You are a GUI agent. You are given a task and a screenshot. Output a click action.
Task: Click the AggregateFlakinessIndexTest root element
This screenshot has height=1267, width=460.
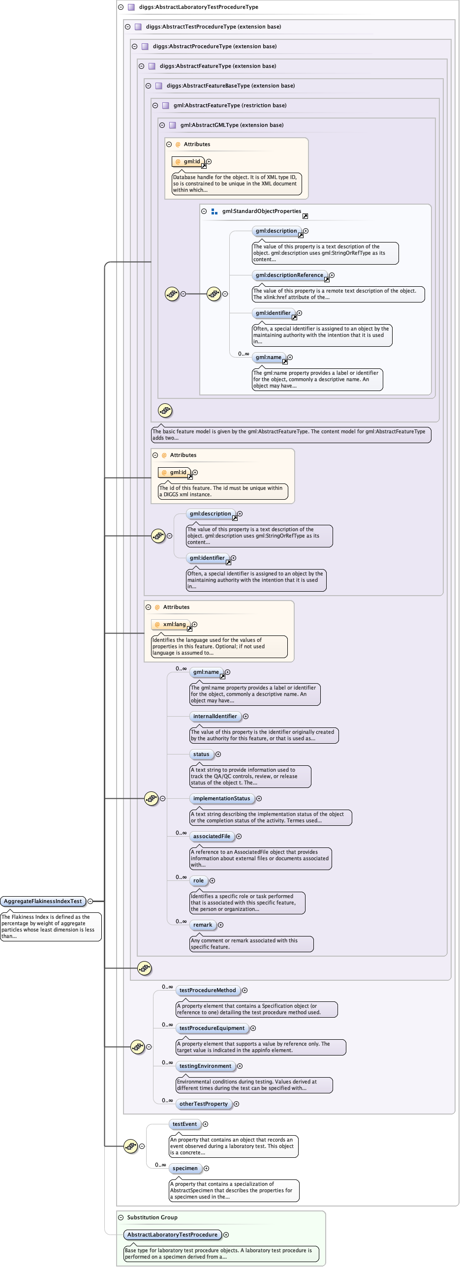coord(43,901)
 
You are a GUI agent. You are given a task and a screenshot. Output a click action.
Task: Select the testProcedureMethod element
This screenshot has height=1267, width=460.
coord(208,990)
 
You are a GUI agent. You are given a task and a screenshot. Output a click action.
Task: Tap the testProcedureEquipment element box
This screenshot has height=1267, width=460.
coord(212,1028)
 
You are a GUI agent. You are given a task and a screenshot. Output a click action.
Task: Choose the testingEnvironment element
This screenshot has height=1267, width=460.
coord(205,1066)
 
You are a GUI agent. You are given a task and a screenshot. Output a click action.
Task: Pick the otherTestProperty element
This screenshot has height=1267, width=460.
coord(203,1104)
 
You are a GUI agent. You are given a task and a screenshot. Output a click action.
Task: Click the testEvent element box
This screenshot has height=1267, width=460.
coord(184,1124)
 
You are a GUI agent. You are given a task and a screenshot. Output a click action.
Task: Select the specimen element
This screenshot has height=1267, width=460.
coord(185,1168)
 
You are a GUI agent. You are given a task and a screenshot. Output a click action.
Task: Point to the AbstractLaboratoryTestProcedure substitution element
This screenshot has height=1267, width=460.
coord(172,1235)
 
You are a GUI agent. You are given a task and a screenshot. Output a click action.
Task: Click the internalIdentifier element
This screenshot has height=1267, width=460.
coord(215,716)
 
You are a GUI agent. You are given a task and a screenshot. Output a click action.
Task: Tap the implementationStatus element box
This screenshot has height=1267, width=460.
coord(221,798)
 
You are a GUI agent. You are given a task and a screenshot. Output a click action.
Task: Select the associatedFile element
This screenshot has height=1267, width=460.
coord(212,836)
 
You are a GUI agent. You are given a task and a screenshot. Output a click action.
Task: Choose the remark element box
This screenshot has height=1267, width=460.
coord(203,925)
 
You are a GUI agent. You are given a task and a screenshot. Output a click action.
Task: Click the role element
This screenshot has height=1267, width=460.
coord(198,880)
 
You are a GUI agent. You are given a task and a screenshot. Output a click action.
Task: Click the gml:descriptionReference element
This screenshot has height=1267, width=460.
coord(289,275)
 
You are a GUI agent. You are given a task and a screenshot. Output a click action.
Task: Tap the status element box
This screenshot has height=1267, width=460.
coord(201,754)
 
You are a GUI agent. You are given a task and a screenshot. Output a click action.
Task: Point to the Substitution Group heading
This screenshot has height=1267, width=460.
coord(152,1217)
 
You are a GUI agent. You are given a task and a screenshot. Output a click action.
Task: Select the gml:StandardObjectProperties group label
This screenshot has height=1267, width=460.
coord(261,211)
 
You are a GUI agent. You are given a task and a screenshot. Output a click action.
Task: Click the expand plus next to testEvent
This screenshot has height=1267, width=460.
coord(206,1124)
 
